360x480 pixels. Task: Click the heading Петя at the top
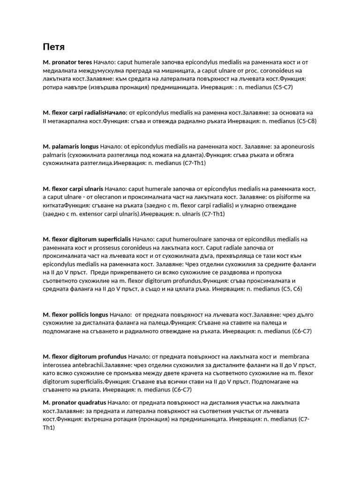[x=53, y=47]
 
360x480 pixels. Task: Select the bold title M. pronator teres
[x=67, y=62]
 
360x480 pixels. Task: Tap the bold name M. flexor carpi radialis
[x=73, y=113]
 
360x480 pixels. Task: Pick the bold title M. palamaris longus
[x=70, y=147]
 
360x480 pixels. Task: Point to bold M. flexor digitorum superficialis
[x=86, y=240]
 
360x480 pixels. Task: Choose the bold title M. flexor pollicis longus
[x=75, y=315]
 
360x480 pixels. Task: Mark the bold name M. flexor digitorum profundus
[x=84, y=357]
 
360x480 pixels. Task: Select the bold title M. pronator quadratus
[x=74, y=403]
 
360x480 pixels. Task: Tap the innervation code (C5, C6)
[x=292, y=289]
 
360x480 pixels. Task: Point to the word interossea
[x=59, y=365]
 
